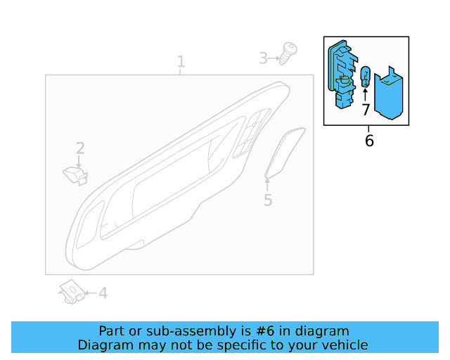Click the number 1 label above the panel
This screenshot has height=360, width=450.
click(181, 62)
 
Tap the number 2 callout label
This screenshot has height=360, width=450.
click(80, 148)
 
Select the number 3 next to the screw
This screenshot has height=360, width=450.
click(264, 58)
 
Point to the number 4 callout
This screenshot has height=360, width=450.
click(103, 293)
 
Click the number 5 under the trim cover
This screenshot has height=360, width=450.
click(268, 200)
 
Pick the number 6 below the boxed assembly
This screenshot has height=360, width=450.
click(369, 141)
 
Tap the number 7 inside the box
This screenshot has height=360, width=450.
click(366, 110)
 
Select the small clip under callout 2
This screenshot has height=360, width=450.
click(75, 174)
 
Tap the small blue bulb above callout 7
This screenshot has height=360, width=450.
click(366, 77)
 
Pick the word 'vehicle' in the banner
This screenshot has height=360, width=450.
click(344, 345)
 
